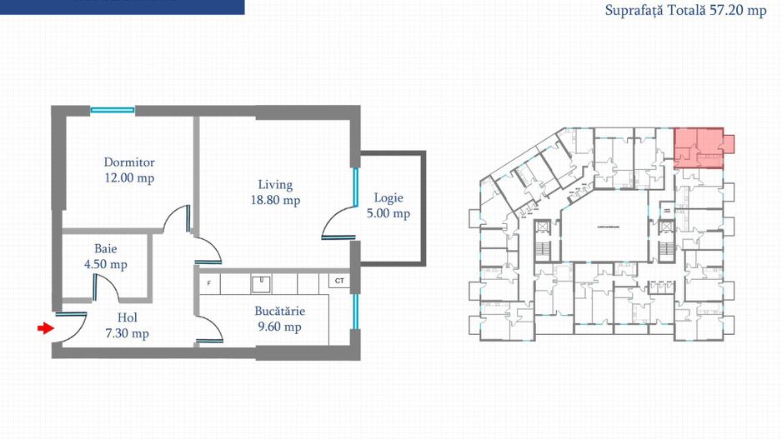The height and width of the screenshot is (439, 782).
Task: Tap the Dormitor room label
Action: [129, 162]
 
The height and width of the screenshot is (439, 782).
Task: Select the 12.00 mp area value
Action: [129, 178]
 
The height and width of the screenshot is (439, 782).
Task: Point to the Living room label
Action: [275, 185]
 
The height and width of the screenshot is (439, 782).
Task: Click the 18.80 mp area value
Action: [275, 201]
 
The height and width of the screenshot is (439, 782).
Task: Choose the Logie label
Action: [388, 198]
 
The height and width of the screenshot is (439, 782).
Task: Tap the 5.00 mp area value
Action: [388, 214]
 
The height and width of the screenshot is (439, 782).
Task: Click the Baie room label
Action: [105, 249]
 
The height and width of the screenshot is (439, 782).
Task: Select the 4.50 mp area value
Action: [105, 265]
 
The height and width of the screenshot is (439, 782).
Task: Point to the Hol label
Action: [128, 317]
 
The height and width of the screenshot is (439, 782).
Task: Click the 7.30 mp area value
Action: [128, 333]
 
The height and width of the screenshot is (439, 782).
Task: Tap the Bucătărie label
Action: [280, 312]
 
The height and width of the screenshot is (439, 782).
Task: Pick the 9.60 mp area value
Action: [280, 327]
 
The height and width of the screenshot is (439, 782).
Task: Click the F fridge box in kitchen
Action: [208, 282]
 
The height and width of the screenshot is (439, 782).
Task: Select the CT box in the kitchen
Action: [339, 282]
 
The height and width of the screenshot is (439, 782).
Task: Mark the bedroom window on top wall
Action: [113, 109]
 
